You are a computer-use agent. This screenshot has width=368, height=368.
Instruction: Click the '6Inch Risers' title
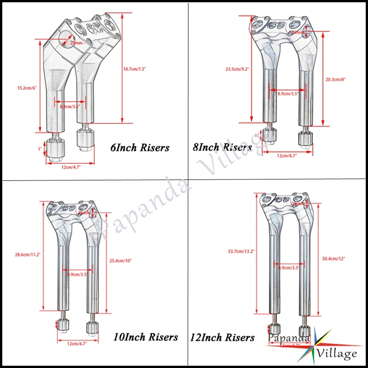[x=140, y=148]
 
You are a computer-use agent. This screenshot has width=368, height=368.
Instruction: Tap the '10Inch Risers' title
[x=145, y=337]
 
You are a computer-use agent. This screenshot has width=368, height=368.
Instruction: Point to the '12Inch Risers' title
[x=222, y=337]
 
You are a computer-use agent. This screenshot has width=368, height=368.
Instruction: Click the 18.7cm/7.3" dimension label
[x=134, y=69]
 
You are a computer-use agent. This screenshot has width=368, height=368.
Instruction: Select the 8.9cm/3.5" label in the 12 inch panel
[x=287, y=267]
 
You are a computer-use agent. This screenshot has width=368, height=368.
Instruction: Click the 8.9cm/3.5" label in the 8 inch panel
[x=288, y=93]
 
